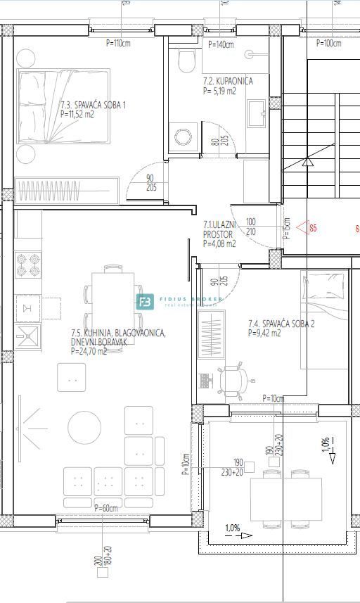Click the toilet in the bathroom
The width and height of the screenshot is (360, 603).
coord(186,61)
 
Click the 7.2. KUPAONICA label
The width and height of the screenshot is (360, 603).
coord(227,82)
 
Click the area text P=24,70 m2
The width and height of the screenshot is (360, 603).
coord(89,351)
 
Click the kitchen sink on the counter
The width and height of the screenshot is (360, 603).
coord(29,333)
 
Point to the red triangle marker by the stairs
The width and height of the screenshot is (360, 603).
coord(303,227)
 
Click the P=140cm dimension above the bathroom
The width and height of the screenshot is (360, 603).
coord(221,44)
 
